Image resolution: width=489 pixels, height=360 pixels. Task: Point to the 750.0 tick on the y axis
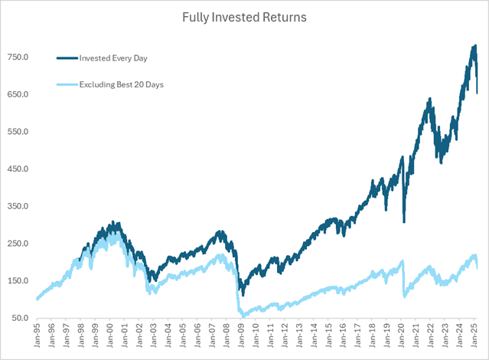point(18,57)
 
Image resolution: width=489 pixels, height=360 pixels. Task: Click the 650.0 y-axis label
point(18,95)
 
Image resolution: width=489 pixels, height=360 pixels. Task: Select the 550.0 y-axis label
point(18,132)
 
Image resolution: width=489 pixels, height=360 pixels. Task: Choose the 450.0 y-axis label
point(18,169)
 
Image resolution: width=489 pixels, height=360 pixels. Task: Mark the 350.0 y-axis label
point(18,207)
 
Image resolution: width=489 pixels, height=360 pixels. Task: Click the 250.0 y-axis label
point(18,244)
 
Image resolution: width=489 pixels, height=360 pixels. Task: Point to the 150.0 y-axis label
point(18,281)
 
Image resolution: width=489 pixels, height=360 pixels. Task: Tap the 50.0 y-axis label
point(19,318)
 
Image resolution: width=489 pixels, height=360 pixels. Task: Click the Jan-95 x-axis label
point(37,337)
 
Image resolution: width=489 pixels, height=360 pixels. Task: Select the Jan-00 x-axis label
point(109,337)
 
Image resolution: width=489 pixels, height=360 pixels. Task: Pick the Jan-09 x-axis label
point(241,337)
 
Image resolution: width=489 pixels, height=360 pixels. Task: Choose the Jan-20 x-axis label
point(402,337)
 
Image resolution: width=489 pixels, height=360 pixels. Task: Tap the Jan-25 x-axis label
point(474,337)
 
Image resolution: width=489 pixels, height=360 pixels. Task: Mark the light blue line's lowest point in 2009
point(243,316)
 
